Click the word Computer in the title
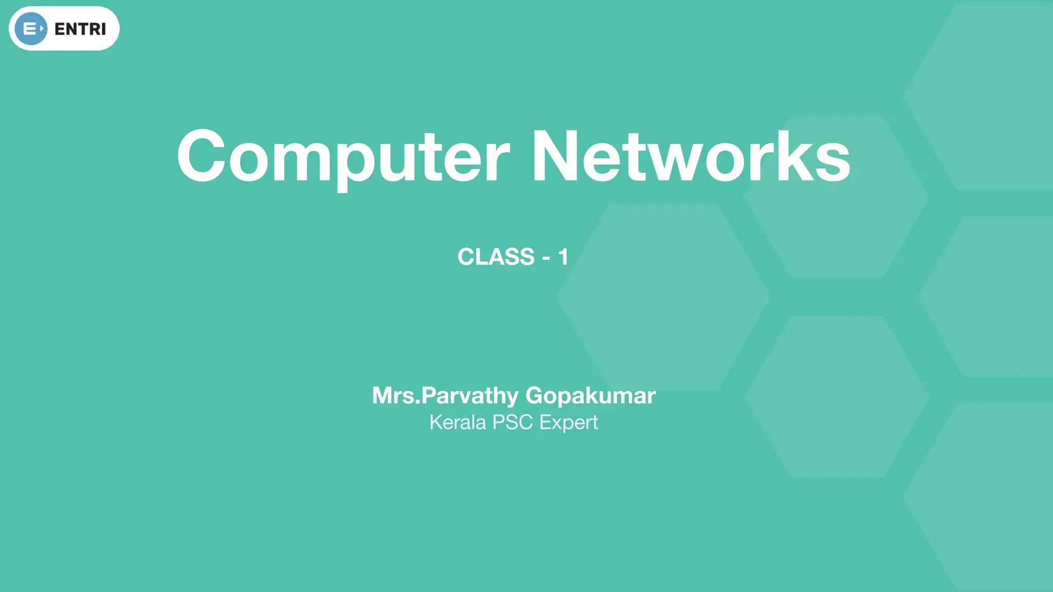343,156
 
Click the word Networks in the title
691,156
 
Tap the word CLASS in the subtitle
496,256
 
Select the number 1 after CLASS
563,256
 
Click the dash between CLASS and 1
546,258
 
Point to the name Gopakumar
590,395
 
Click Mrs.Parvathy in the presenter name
445,395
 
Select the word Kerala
458,422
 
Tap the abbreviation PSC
512,422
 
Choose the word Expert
568,423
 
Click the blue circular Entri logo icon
31,29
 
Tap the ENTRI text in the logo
80,29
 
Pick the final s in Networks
833,162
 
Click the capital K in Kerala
435,422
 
